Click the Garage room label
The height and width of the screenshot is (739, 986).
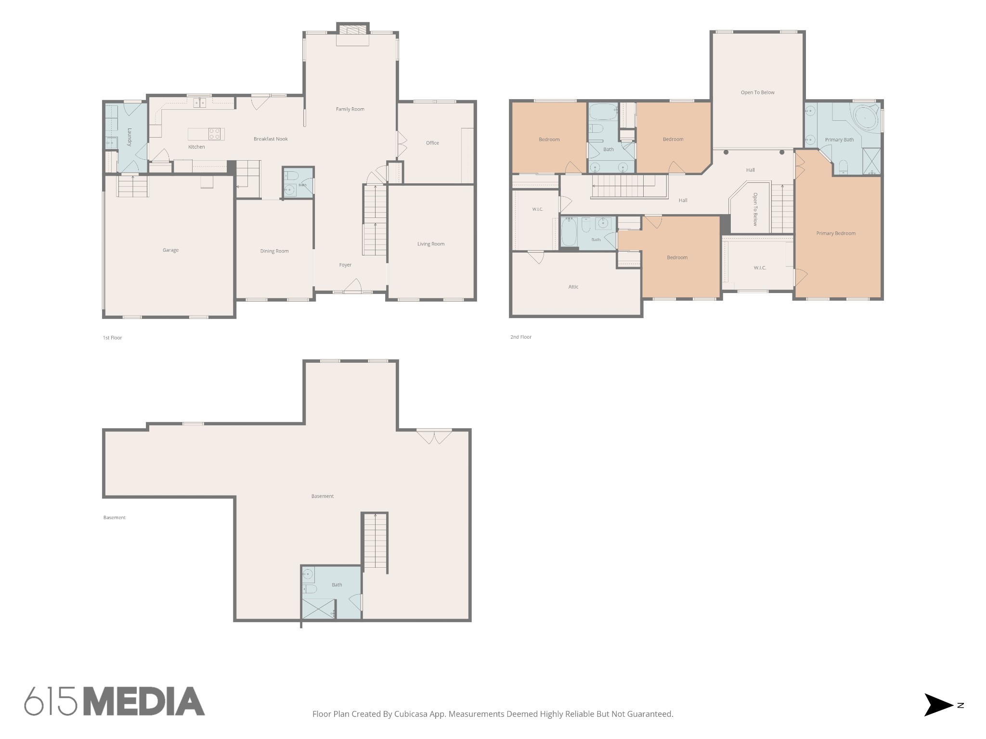pos(170,250)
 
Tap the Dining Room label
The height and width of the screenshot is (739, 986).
pos(274,251)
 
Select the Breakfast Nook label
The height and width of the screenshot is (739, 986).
pos(271,139)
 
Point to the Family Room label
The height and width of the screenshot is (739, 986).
pos(350,109)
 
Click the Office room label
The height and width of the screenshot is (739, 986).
pos(432,143)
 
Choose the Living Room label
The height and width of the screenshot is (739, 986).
pos(431,244)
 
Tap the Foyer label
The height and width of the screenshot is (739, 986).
pos(345,265)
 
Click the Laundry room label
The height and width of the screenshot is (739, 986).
pos(130,137)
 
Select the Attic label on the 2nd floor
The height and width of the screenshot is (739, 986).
pos(573,287)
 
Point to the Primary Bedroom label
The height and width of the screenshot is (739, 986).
pos(836,233)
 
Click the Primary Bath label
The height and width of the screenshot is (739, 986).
pos(839,140)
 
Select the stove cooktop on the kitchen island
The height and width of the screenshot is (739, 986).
pos(214,134)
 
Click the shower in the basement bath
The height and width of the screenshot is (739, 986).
pos(319,609)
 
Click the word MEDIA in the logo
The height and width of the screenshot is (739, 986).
pos(144,701)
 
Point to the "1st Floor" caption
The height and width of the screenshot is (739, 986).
pos(112,338)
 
